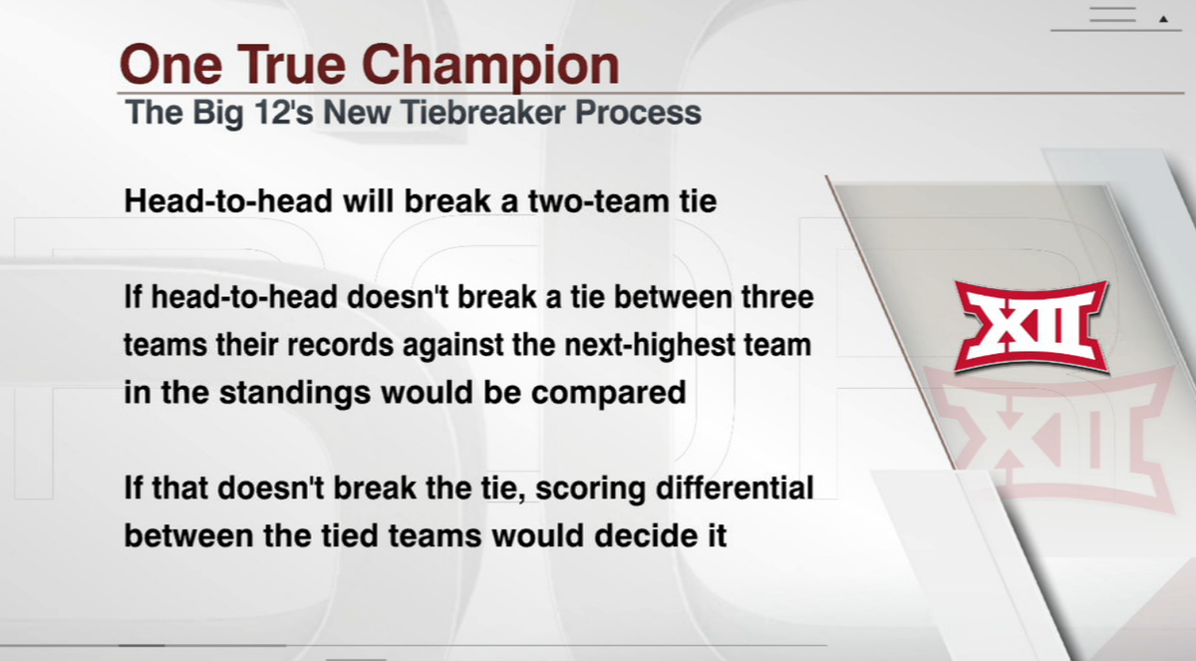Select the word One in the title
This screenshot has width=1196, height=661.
click(x=168, y=66)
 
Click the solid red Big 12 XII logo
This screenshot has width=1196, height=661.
click(x=1031, y=326)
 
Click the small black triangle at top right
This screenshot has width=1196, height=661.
click(x=1163, y=18)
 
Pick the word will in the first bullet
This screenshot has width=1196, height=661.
click(x=371, y=201)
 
